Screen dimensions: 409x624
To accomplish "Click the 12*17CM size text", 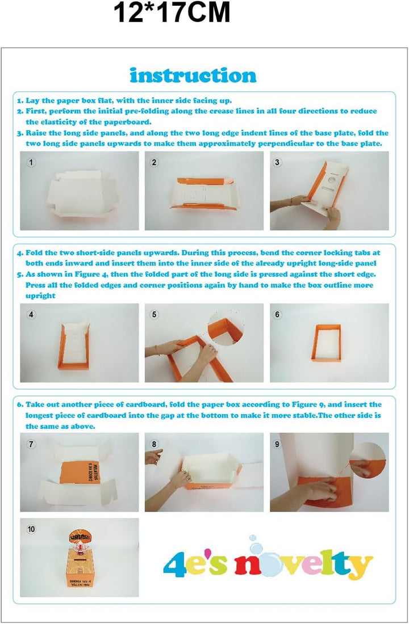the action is point(172,12).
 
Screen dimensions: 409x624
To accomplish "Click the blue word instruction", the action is point(193,75).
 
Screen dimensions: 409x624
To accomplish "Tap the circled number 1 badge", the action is point(31,162).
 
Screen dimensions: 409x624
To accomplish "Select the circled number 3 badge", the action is point(277,162).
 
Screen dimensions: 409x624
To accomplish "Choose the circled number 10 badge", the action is point(31,529).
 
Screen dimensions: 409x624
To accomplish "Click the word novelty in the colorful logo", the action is point(303,562).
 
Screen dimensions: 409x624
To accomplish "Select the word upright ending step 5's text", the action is point(40,296).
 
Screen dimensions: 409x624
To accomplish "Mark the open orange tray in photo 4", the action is point(74,345).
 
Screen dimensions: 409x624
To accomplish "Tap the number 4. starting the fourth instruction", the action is point(20,253).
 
